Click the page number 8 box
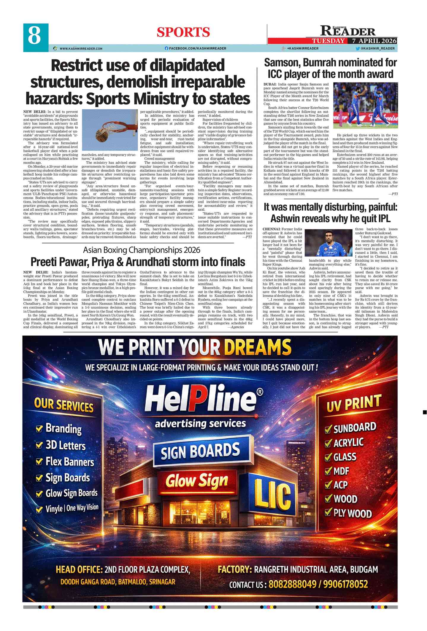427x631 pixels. pyautogui.click(x=36, y=37)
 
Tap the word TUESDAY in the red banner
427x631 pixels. pyautogui.click(x=328, y=41)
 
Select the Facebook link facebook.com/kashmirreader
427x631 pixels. pyautogui.click(x=196, y=48)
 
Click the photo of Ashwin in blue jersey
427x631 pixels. pyautogui.click(x=328, y=243)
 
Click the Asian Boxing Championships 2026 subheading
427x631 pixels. pyautogui.click(x=142, y=250)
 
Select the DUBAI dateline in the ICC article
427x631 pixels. pyautogui.click(x=270, y=84)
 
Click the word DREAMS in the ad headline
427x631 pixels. pyautogui.click(x=258, y=347)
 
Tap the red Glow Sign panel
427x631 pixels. pyautogui.click(x=197, y=481)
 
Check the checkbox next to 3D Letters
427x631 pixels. pyautogui.click(x=39, y=445)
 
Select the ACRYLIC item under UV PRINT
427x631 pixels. pyautogui.click(x=348, y=443)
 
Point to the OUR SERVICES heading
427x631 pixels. pyautogui.click(x=64, y=405)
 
